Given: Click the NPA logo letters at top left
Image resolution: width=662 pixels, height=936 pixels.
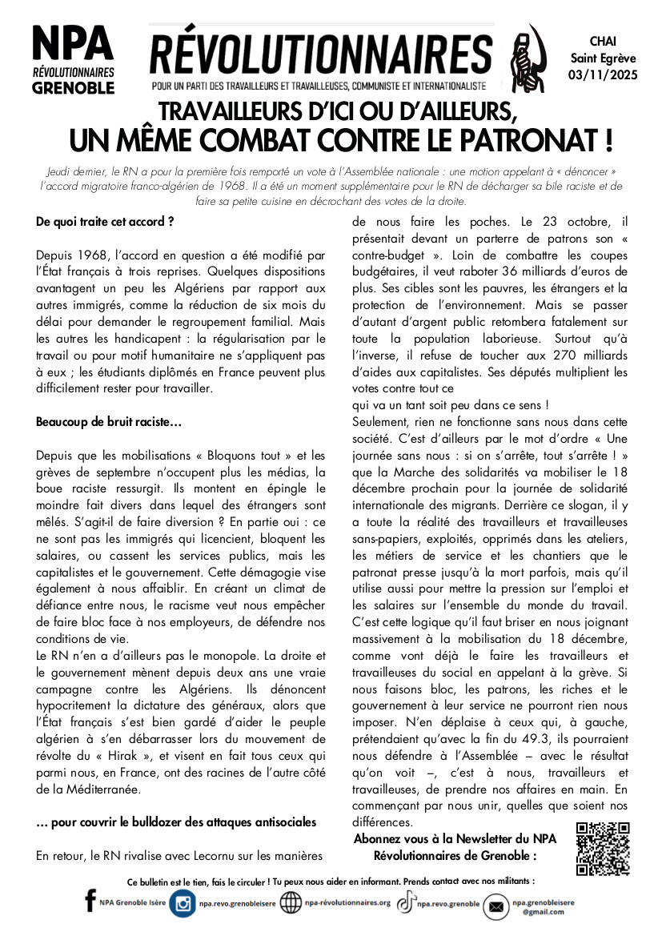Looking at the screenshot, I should pyautogui.click(x=73, y=45).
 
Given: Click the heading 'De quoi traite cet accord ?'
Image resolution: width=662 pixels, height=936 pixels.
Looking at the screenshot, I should pyautogui.click(x=105, y=220).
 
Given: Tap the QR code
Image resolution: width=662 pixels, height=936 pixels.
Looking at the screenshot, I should pyautogui.click(x=603, y=849).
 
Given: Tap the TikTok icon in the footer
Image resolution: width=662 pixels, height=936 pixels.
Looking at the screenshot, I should pyautogui.click(x=407, y=902).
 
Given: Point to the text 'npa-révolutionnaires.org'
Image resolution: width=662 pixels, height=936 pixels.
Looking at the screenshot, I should pyautogui.click(x=347, y=903).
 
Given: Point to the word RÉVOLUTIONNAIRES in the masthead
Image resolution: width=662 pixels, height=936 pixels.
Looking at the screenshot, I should pyautogui.click(x=321, y=54).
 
